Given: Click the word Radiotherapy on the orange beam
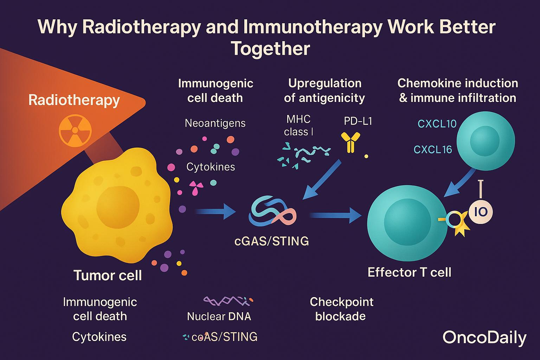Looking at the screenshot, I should click(74, 100).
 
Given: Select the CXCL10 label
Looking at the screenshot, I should click(437, 124).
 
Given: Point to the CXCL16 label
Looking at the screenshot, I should click(433, 150).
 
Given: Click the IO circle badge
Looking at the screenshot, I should click(481, 212).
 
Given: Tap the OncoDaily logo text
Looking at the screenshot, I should click(484, 337).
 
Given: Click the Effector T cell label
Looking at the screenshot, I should click(409, 272).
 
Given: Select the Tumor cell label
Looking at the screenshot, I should click(108, 275).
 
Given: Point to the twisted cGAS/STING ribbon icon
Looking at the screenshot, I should click(272, 212).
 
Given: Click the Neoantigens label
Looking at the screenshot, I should click(215, 123).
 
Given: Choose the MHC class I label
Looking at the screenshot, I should click(298, 125).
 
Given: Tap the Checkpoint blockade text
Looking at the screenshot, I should click(341, 309).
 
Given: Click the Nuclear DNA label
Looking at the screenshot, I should click(219, 316).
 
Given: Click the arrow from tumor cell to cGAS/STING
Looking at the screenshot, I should click(214, 212).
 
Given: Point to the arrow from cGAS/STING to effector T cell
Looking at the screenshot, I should click(336, 215).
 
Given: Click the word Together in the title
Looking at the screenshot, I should click(270, 49).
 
